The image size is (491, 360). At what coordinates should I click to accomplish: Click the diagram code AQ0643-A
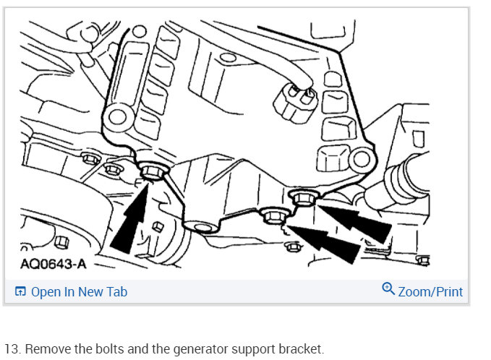(x=54, y=264)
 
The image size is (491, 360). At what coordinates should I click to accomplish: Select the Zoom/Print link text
(x=430, y=292)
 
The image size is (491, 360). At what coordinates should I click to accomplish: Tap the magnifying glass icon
(x=388, y=288)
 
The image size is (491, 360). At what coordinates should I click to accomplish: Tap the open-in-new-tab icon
(x=20, y=291)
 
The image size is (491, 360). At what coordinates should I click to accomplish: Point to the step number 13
(x=12, y=349)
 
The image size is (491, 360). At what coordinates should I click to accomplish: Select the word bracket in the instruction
(x=301, y=349)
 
